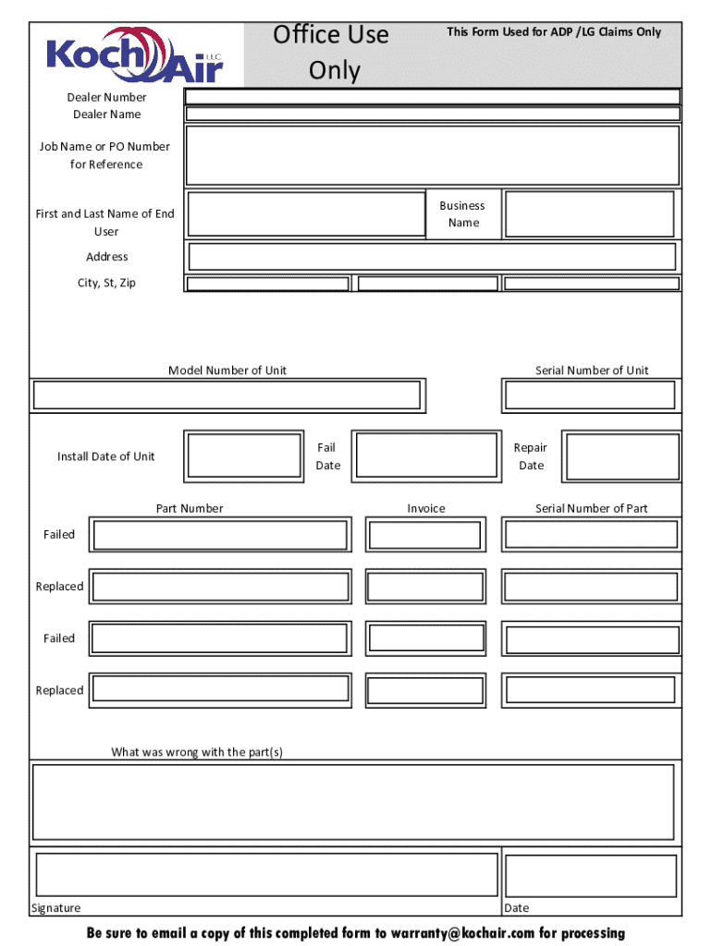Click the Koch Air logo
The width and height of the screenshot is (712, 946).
pyautogui.click(x=135, y=55)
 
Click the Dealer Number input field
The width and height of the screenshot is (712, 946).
pyautogui.click(x=432, y=97)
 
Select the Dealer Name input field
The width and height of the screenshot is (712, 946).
pyautogui.click(x=432, y=115)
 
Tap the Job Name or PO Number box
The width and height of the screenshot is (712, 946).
pyautogui.click(x=432, y=155)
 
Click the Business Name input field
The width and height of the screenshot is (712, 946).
pyautogui.click(x=589, y=214)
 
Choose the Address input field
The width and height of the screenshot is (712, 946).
pyautogui.click(x=432, y=256)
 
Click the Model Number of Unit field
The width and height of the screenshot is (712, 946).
pyautogui.click(x=227, y=395)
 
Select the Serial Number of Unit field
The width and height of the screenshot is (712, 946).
pyautogui.click(x=590, y=395)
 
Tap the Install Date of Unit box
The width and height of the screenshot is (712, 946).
pyautogui.click(x=244, y=456)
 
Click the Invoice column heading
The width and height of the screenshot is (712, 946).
pyautogui.click(x=426, y=509)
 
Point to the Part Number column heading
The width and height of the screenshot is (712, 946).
pyautogui.click(x=190, y=509)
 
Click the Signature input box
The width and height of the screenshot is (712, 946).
pyautogui.click(x=266, y=874)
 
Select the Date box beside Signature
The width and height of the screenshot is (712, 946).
pyautogui.click(x=591, y=875)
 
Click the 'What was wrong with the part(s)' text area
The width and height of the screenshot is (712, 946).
pyautogui.click(x=353, y=801)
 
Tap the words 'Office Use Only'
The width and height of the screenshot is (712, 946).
pyautogui.click(x=331, y=53)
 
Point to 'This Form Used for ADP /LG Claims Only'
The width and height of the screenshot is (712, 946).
pyautogui.click(x=554, y=32)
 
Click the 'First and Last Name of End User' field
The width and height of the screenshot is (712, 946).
pyautogui.click(x=306, y=214)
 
